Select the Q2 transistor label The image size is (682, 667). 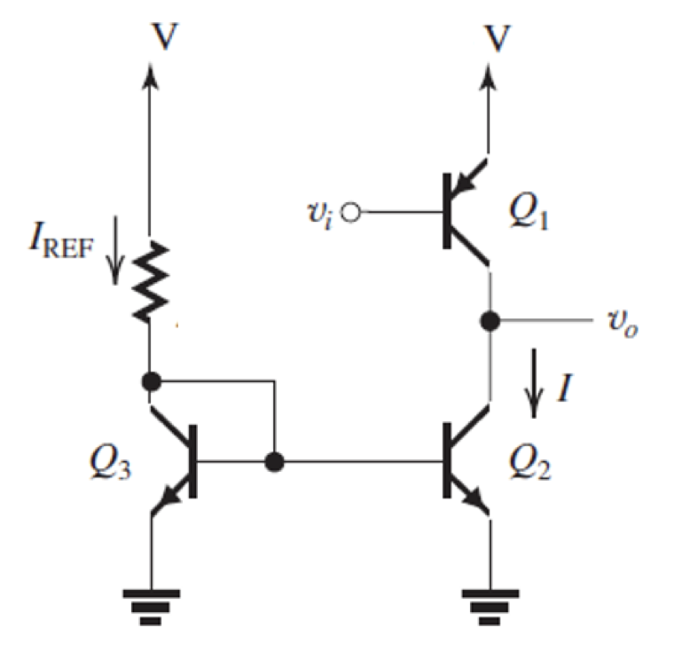(x=529, y=462)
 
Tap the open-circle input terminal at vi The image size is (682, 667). (x=352, y=214)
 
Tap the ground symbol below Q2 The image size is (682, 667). (x=489, y=604)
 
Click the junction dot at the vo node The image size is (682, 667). (x=489, y=320)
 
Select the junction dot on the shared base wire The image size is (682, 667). (x=276, y=462)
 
